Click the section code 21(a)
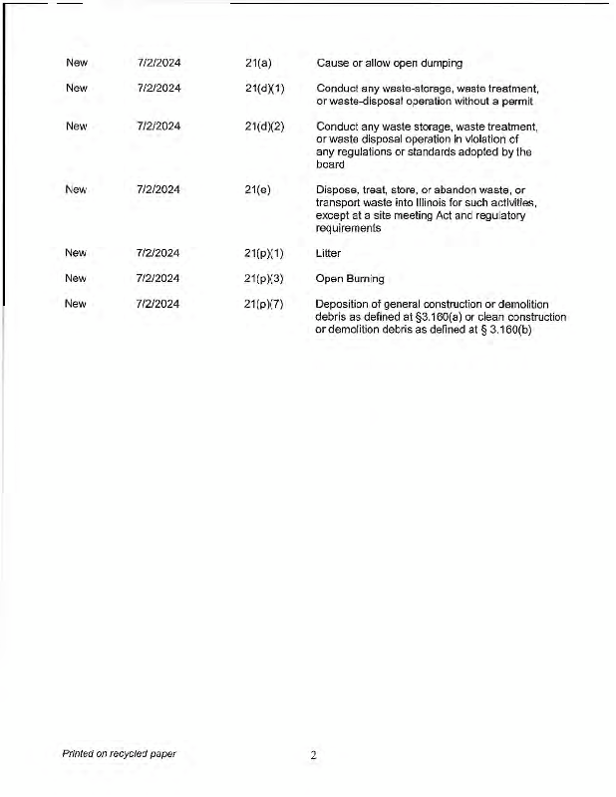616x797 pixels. [x=258, y=63]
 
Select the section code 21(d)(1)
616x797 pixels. [x=264, y=88]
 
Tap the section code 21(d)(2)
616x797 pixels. [x=264, y=127]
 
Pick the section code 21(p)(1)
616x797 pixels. [x=264, y=253]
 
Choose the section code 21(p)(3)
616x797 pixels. [x=264, y=278]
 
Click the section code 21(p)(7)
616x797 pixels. [x=264, y=304]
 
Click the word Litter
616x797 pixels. [x=328, y=253]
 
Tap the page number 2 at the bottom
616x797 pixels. [x=313, y=756]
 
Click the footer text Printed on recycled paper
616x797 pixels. [x=119, y=753]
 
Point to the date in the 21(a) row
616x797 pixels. [x=157, y=63]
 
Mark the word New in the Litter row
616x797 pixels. [x=76, y=253]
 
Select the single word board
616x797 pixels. [x=330, y=165]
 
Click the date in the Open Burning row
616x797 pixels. [x=157, y=278]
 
